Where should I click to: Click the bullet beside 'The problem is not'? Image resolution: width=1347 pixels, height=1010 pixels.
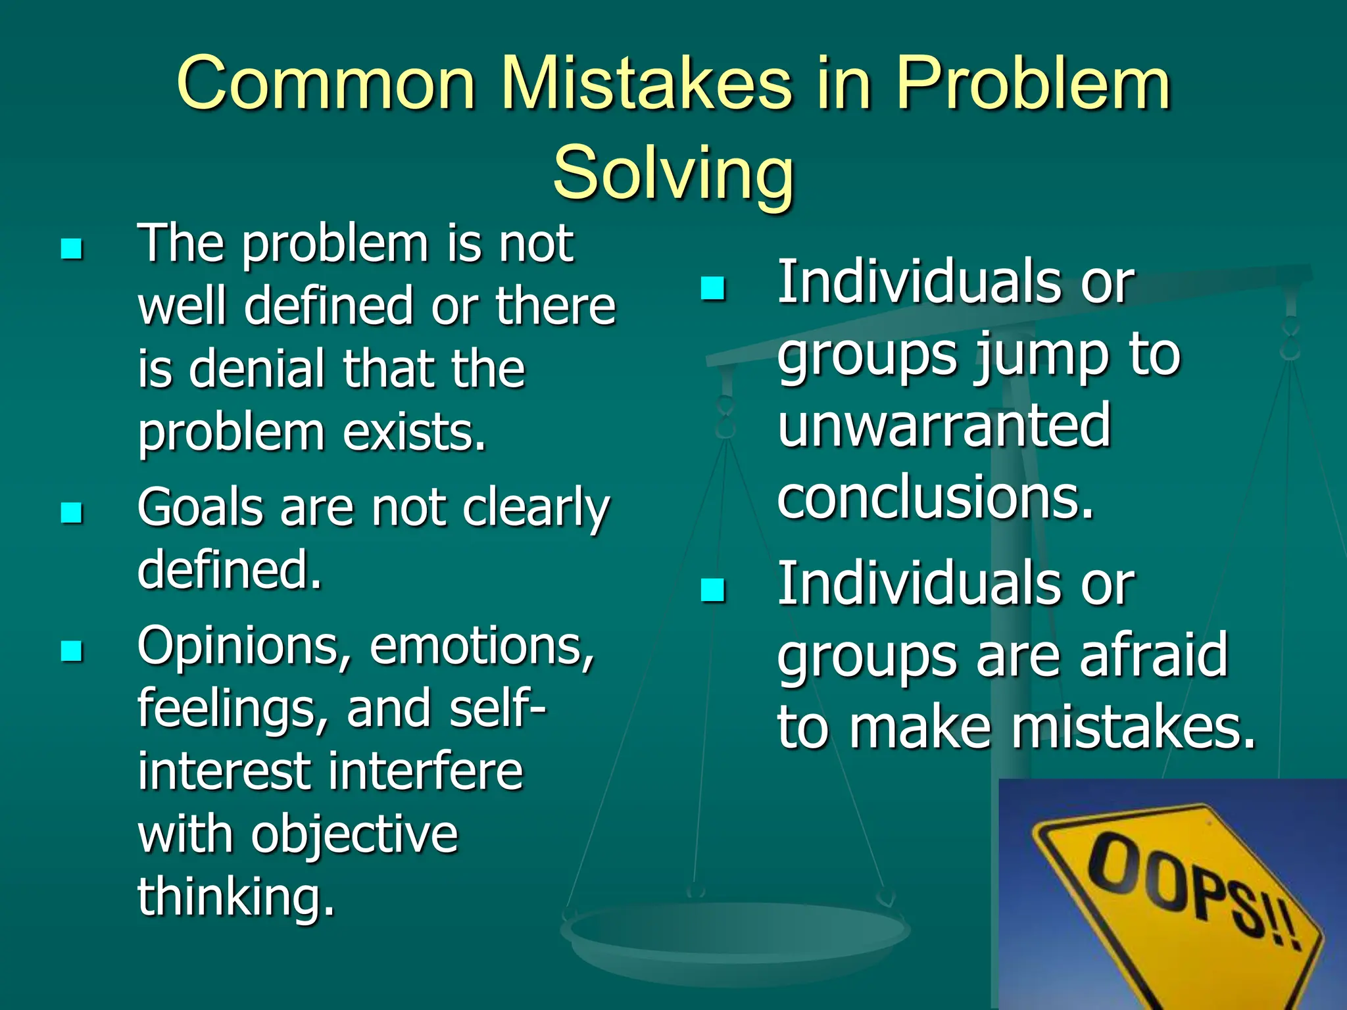click(71, 249)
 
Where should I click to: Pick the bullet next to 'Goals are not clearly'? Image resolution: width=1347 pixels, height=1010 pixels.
click(71, 512)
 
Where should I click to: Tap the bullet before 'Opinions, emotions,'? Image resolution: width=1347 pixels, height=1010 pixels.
click(71, 651)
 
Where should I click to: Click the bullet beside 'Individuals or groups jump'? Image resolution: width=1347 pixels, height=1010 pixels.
click(712, 288)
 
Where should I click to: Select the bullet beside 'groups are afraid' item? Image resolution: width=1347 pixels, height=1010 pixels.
click(712, 590)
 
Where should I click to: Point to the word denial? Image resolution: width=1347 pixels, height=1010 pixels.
click(258, 369)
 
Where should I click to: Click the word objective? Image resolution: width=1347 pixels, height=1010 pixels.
click(355, 835)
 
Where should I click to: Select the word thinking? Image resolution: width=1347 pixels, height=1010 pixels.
click(235, 896)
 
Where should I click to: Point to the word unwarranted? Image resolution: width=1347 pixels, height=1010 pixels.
click(944, 425)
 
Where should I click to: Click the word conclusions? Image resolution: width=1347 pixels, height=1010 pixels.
click(935, 496)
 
